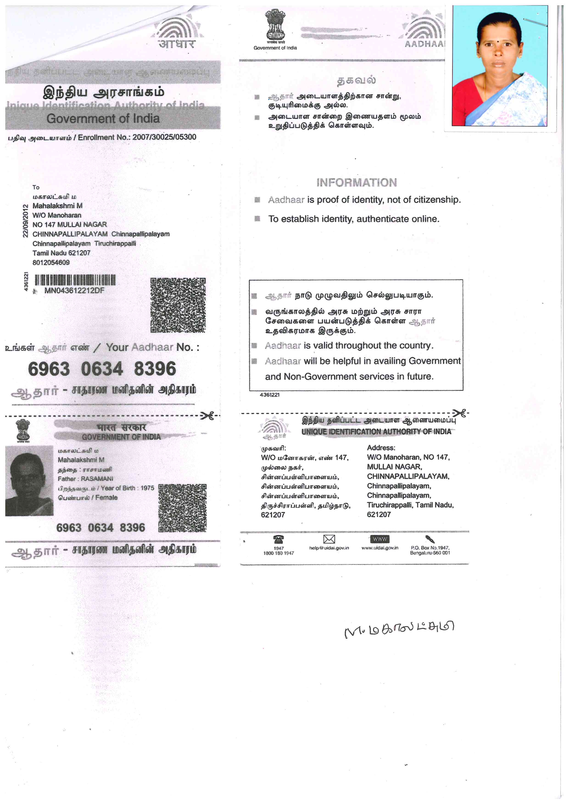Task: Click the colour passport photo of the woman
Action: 499,66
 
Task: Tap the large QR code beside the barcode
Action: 178,305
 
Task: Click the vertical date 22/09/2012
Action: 25,221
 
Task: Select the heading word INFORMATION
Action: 356,182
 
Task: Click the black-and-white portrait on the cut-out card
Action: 29,481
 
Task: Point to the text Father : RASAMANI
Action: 86,479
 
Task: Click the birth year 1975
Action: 147,488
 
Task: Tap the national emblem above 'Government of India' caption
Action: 275,25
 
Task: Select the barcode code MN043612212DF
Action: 74,290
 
